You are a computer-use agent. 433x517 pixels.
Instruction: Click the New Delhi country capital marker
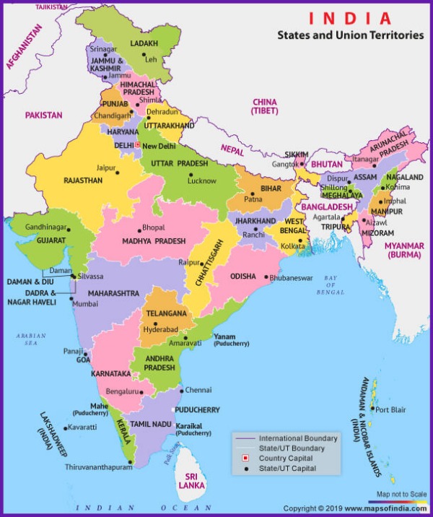137,145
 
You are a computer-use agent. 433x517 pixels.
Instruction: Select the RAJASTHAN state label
83,181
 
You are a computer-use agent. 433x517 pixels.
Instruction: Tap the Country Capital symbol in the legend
245,459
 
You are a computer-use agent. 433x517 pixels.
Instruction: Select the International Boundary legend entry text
298,438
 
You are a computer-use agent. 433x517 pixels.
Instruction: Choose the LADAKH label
144,43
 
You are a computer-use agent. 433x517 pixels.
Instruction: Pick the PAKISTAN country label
43,115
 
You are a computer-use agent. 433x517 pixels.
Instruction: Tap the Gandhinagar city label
46,227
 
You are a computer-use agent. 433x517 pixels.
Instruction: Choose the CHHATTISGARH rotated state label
206,264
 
